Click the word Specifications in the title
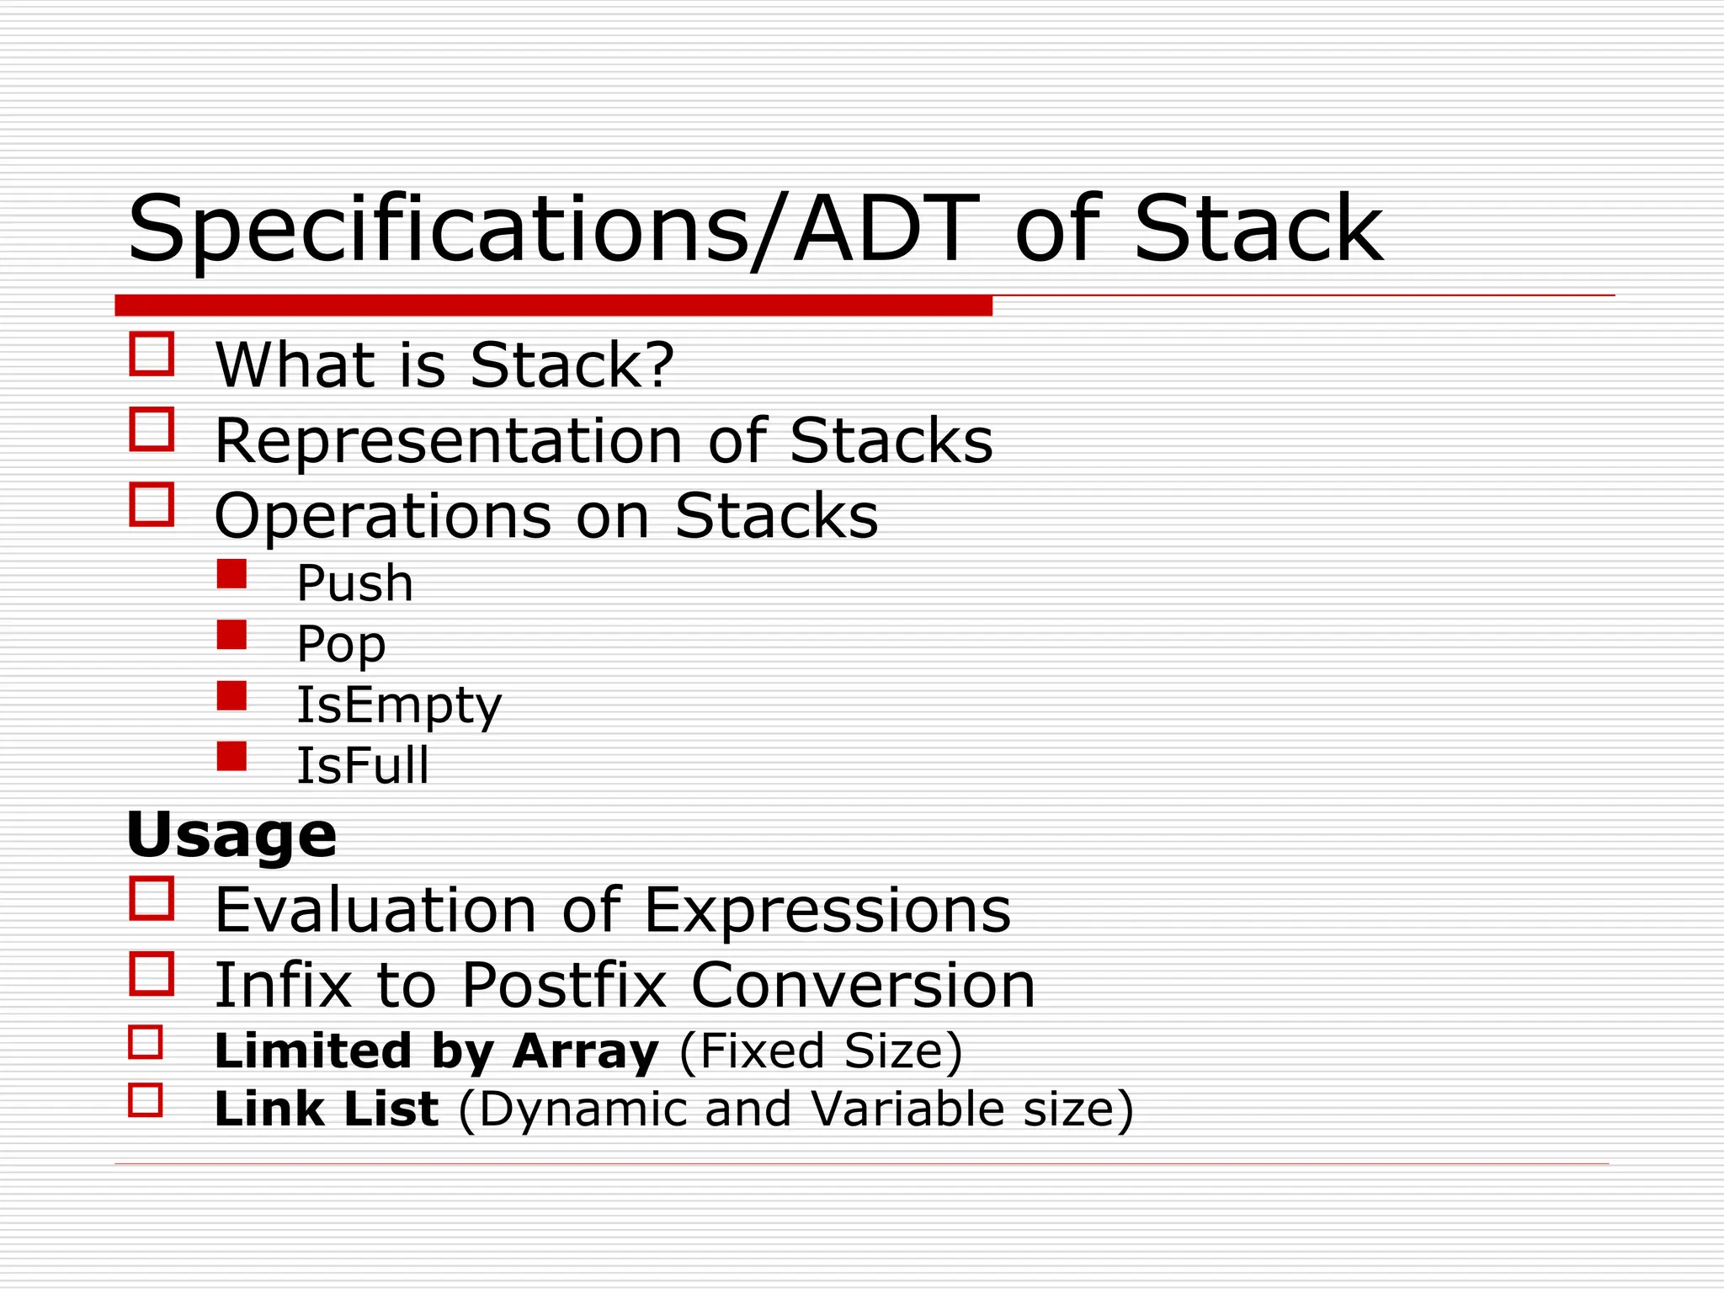click(438, 230)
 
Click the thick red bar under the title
click(553, 306)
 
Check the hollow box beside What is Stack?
click(152, 354)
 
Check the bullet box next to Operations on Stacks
click(152, 504)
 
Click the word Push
click(354, 583)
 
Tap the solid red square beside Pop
click(231, 635)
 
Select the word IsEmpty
click(398, 705)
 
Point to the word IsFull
click(363, 766)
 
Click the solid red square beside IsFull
click(231, 756)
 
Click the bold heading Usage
click(231, 835)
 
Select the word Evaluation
click(375, 911)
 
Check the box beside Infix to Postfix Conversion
click(152, 974)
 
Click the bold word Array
click(585, 1052)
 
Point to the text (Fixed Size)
click(820, 1052)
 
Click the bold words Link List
click(327, 1109)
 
